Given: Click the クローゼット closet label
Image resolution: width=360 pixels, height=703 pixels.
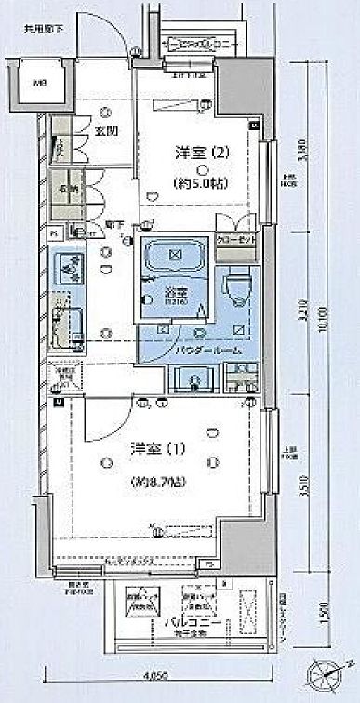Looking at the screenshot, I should coord(236,237).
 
